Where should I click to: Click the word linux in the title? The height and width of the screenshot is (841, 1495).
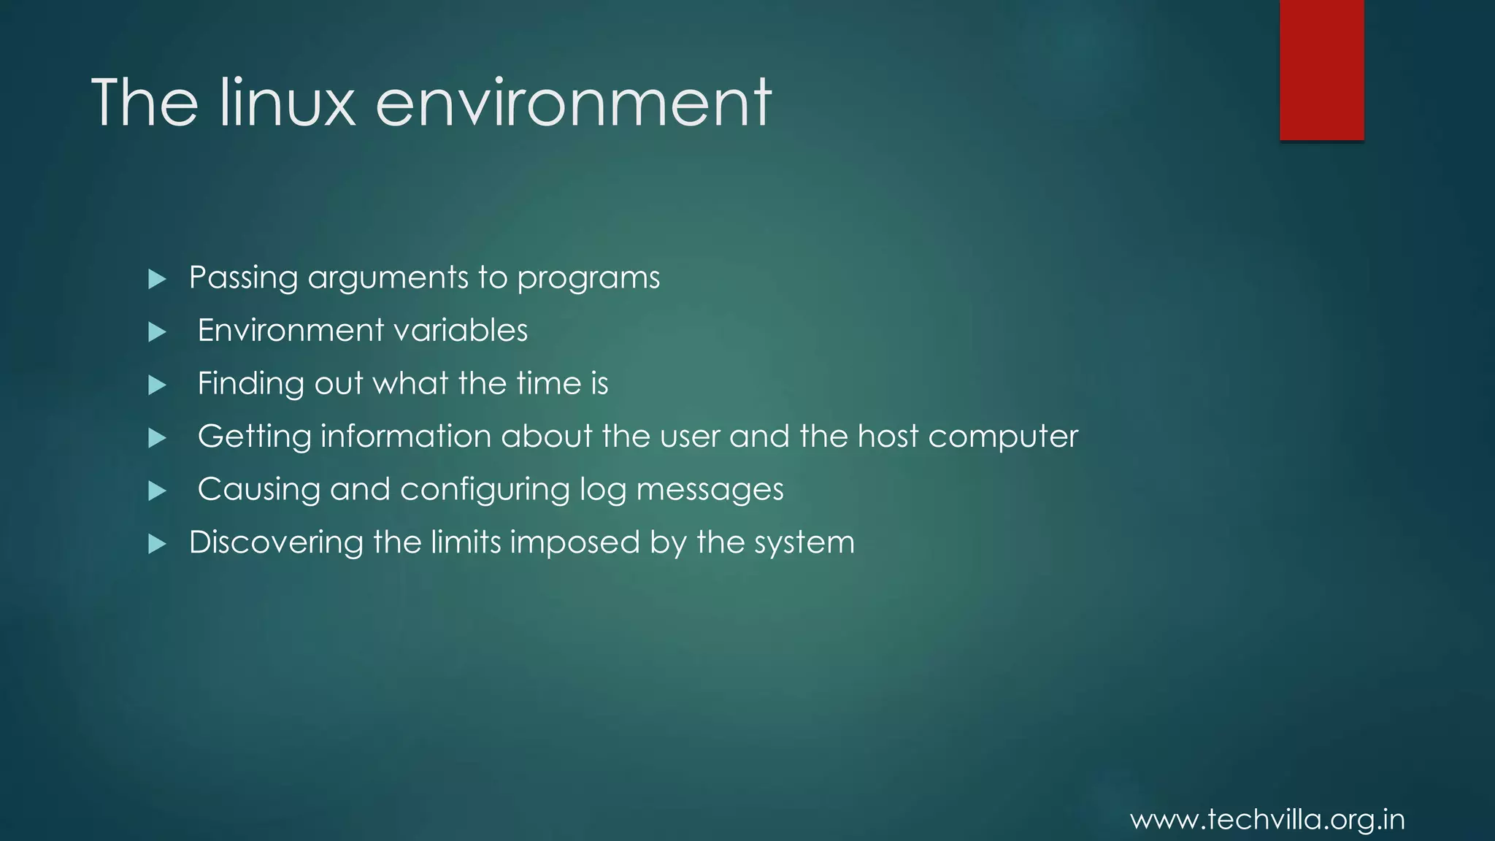287,103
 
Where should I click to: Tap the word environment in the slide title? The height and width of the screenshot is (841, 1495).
573,103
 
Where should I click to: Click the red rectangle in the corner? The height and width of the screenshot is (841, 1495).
1321,70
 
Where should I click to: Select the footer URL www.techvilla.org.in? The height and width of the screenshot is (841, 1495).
1267,820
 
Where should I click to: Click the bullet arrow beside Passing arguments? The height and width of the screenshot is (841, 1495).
157,279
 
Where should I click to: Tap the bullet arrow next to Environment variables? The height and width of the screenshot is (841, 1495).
157,332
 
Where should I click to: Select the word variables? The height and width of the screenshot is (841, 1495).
461,331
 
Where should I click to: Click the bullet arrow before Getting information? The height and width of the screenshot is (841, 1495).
157,438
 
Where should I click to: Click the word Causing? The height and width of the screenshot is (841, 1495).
258,490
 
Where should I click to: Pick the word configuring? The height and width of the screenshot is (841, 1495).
485,490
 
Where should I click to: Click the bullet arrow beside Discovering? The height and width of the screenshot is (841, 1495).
157,544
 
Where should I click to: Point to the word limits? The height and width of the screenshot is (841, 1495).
466,542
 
